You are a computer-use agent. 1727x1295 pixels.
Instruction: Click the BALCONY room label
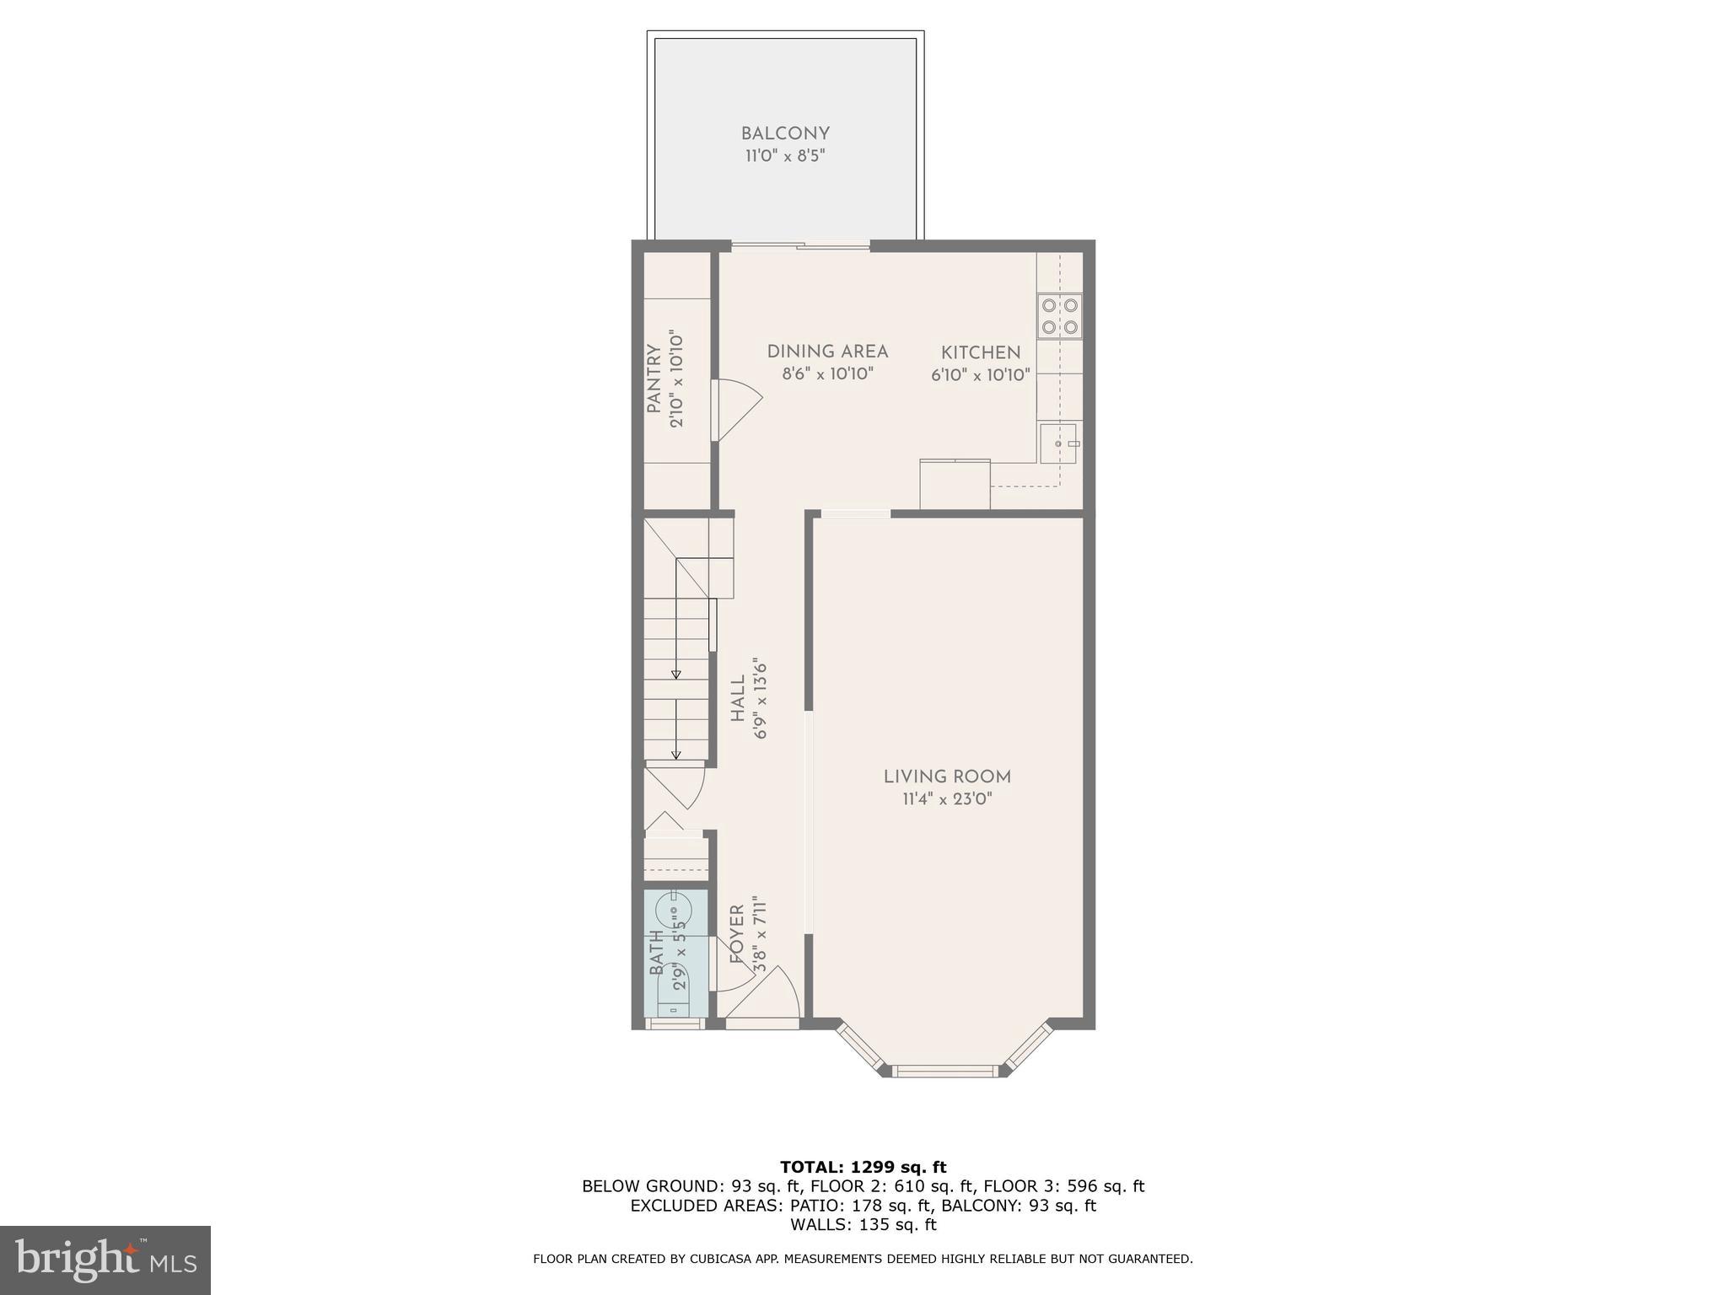785,133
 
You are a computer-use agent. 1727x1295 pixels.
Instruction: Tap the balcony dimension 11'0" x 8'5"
785,156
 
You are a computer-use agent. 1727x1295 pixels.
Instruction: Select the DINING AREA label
827,352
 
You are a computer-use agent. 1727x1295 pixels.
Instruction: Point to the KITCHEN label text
981,352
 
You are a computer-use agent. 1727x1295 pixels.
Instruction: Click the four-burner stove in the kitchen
1060,316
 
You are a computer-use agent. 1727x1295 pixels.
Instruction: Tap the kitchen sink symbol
1058,443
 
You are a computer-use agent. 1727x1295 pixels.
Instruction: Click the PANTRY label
654,379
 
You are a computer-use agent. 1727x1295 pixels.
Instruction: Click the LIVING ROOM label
947,776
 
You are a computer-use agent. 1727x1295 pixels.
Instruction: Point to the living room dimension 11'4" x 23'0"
947,799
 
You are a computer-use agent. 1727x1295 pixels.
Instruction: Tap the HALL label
738,698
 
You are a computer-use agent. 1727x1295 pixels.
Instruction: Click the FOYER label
736,934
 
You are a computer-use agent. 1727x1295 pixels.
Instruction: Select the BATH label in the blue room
657,953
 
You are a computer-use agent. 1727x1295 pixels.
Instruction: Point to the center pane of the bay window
944,1072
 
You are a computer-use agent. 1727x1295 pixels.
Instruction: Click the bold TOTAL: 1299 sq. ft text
863,1167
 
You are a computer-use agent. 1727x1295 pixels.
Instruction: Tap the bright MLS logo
105,1260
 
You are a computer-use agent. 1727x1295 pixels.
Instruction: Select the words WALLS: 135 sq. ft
863,1224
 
